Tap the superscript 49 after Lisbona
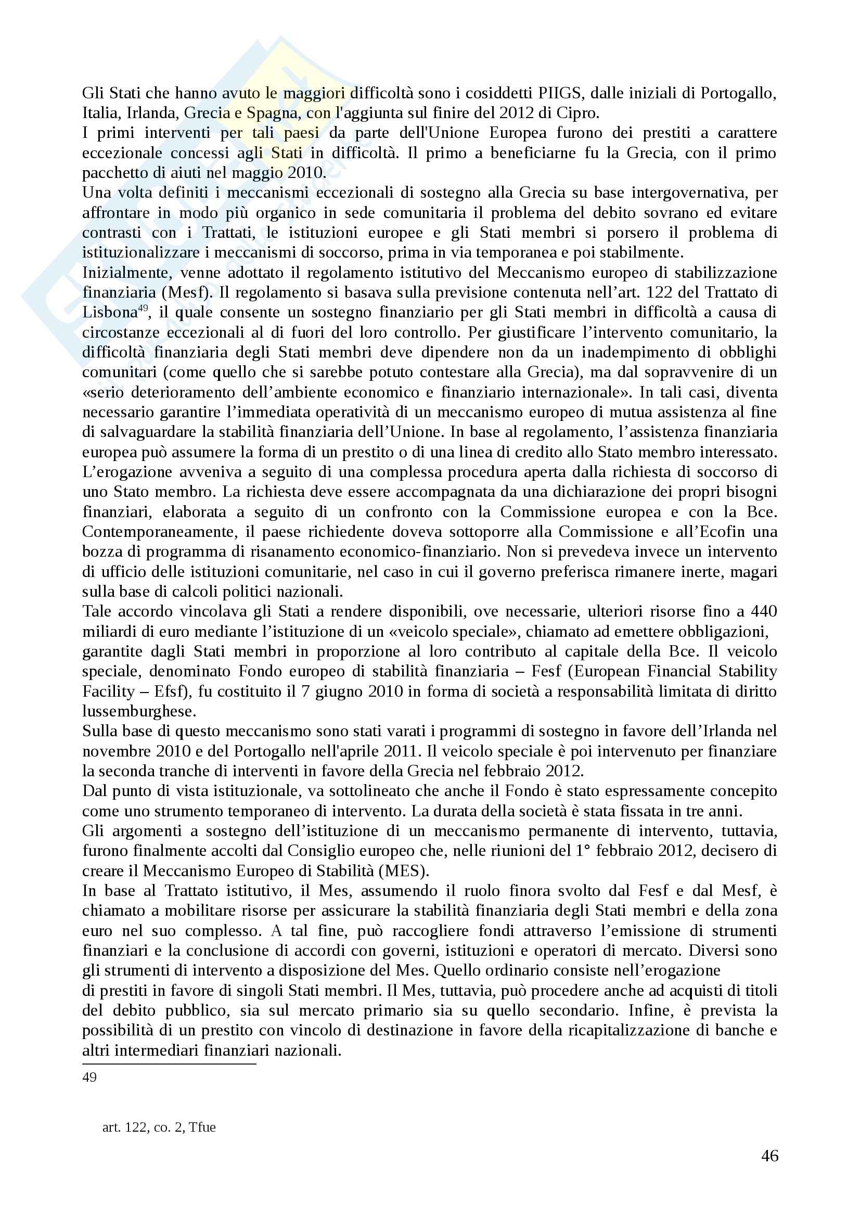[143, 309]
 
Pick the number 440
[764, 612]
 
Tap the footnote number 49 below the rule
[89, 1077]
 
